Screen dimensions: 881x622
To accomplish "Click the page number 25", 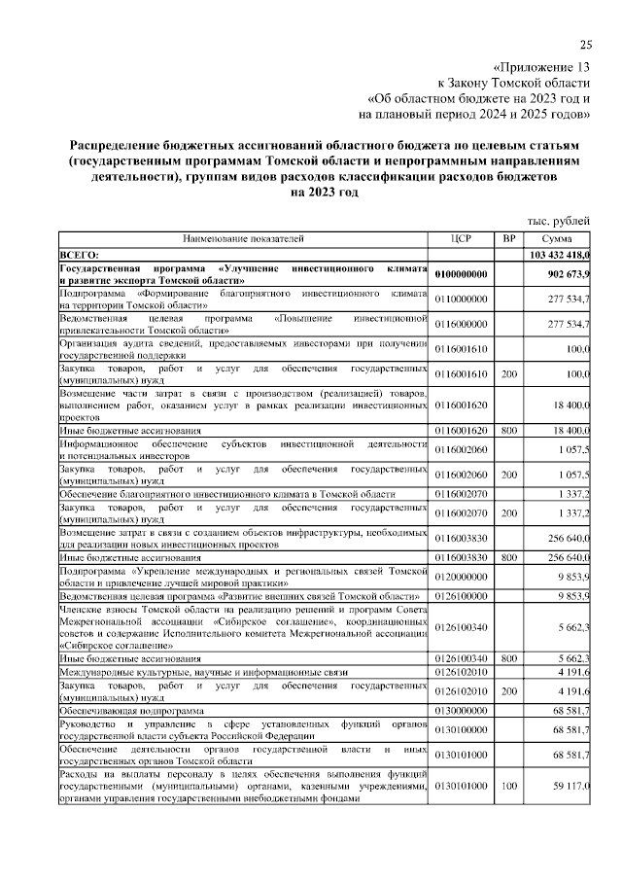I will pyautogui.click(x=585, y=44).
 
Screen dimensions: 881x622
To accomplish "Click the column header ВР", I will pyautogui.click(x=508, y=238).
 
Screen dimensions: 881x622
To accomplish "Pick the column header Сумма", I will pyautogui.click(x=557, y=238).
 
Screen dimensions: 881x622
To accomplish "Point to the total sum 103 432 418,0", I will pyautogui.click(x=560, y=254).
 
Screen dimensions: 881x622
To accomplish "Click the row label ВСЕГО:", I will pyautogui.click(x=80, y=254).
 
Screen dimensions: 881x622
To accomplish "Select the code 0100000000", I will pyautogui.click(x=462, y=274).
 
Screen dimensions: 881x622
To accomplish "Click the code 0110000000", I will pyautogui.click(x=462, y=299).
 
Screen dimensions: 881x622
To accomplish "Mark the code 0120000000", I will pyautogui.click(x=462, y=576).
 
